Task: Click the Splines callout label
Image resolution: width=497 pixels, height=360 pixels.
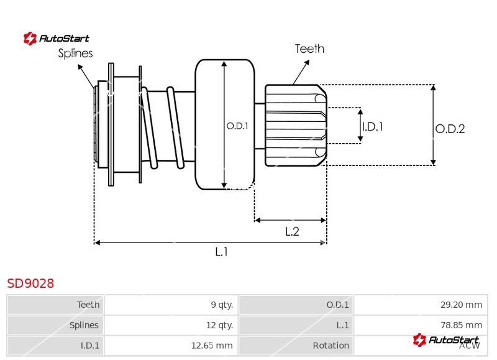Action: [75, 53]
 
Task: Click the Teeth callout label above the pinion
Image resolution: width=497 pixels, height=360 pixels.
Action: [309, 48]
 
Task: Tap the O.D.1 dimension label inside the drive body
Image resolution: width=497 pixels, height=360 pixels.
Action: [237, 126]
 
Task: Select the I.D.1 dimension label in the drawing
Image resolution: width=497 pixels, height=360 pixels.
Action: [372, 126]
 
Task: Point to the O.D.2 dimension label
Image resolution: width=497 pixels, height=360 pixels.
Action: [450, 129]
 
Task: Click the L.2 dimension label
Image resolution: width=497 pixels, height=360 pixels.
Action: [292, 231]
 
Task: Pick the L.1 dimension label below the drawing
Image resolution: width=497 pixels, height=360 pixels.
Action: [222, 252]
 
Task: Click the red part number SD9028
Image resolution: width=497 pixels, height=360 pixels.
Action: [30, 284]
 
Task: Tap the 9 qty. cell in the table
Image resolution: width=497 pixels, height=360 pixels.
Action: [222, 305]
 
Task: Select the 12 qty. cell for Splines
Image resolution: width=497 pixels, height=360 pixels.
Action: [219, 325]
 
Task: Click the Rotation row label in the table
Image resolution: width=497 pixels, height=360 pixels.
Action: [331, 345]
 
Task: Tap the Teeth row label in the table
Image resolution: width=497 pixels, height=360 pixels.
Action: [88, 305]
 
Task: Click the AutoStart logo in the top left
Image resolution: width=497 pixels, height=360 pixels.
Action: [57, 39]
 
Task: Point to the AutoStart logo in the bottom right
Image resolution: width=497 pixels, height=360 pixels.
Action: [446, 339]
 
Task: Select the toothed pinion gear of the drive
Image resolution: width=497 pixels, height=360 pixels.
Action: [295, 126]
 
